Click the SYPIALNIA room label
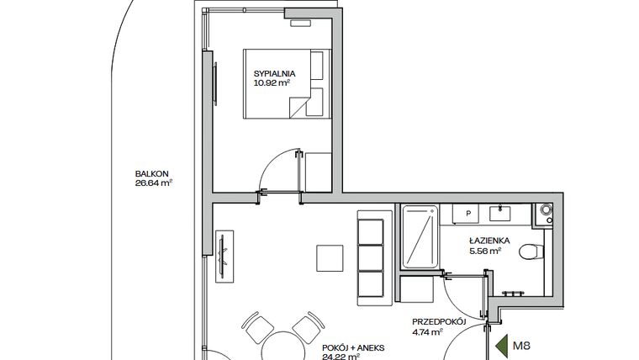273,73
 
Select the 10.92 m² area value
272,83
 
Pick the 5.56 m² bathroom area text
486,250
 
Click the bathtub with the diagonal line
419,237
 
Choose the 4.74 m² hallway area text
430,332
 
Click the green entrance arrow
502,344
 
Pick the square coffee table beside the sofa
329,257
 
